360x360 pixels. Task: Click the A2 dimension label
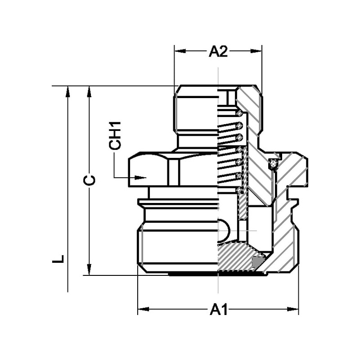coord(218,52)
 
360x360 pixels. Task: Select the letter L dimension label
coord(58,260)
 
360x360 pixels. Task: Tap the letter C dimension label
coord(90,180)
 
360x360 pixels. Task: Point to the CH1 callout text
coord(116,135)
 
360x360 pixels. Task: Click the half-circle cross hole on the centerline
coord(224,231)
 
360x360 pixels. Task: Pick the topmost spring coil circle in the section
coord(239,112)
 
